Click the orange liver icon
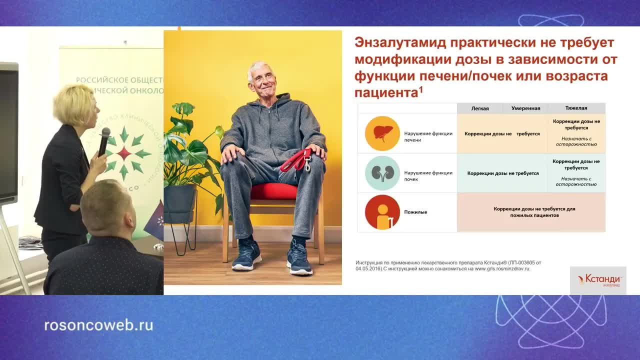(382, 133)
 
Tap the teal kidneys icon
(382, 173)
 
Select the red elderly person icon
(382, 212)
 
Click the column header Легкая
(480, 108)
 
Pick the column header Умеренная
(525, 108)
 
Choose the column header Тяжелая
(576, 108)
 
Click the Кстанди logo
(598, 280)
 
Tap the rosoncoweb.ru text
(98, 325)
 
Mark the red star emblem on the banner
(124, 153)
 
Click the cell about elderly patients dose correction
(534, 212)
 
